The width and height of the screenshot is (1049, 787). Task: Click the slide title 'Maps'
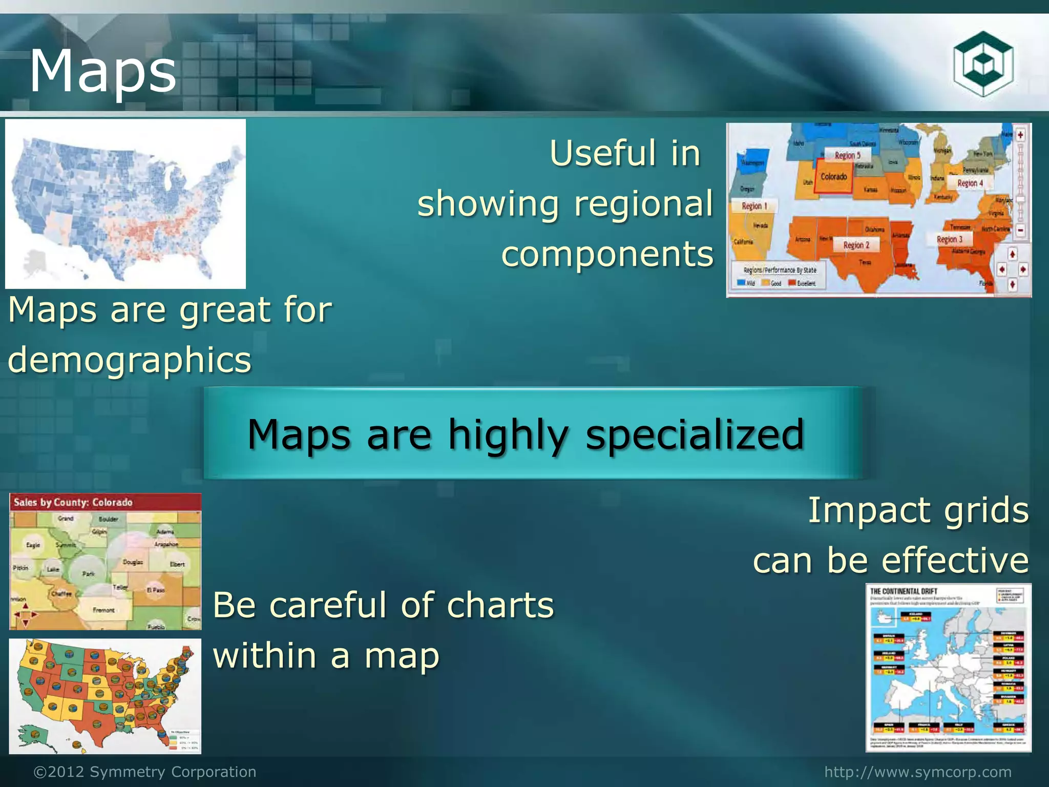coord(103,71)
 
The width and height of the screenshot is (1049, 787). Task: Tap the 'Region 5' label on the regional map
coord(848,155)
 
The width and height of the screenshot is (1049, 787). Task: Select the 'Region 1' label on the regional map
coord(754,206)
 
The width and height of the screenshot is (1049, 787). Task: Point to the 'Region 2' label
coord(856,245)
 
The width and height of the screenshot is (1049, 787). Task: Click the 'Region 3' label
coord(950,239)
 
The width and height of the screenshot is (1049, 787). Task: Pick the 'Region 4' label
coord(970,183)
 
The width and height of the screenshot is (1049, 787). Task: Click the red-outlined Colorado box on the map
coord(834,177)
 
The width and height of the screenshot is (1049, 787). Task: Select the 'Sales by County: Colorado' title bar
coord(73,502)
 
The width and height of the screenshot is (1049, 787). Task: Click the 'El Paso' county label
coord(156,590)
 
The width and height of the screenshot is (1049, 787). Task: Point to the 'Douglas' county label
coord(133,562)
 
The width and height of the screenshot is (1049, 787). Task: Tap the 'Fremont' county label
coord(103,610)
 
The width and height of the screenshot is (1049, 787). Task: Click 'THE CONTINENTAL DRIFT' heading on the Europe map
coord(904,591)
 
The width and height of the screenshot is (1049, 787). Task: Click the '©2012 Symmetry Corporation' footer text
coord(145,772)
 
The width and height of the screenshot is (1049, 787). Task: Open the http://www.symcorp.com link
coord(918,772)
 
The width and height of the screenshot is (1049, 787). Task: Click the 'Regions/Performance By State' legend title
coord(780,270)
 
